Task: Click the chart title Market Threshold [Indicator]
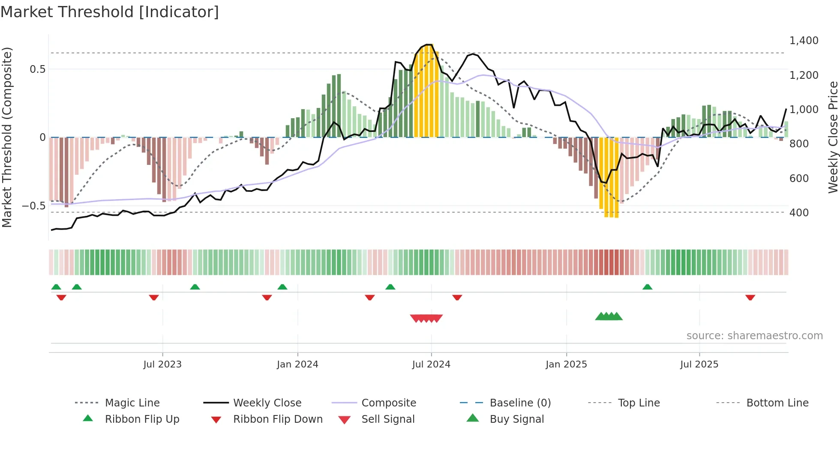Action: tap(110, 12)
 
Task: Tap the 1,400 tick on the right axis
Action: tap(804, 41)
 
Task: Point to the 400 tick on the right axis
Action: tap(799, 212)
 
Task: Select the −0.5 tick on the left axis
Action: tap(33, 206)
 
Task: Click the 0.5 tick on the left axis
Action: tap(37, 69)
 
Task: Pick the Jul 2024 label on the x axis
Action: tap(431, 364)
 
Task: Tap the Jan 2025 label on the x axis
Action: tap(566, 364)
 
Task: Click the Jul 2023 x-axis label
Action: tap(162, 364)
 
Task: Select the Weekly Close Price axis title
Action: tap(833, 137)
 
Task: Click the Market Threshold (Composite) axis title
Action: tap(7, 137)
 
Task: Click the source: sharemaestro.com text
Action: tap(754, 336)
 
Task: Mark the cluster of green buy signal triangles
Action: tap(609, 317)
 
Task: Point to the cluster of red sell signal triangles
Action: tap(426, 318)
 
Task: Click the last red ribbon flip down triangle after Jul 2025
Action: tap(750, 297)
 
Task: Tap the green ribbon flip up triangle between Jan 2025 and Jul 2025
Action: tap(647, 287)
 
